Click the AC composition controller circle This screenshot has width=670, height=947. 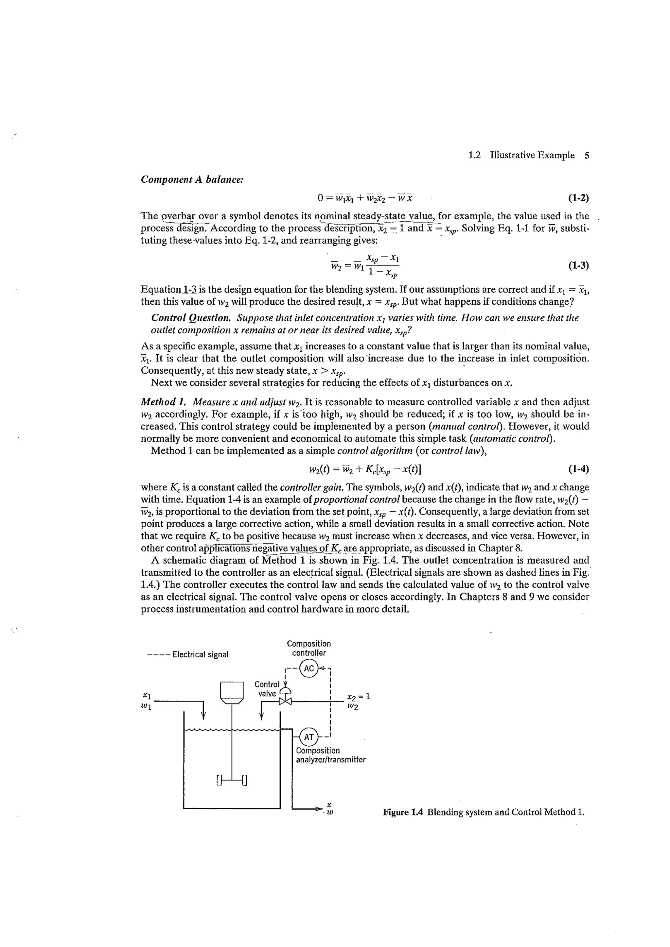pos(309,668)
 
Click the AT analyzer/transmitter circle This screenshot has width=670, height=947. pos(309,737)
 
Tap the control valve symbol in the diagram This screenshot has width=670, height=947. pos(285,701)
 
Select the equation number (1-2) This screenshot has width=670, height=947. pos(578,198)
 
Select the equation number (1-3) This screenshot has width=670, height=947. pos(578,265)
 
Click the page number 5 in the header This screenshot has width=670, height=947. pos(587,156)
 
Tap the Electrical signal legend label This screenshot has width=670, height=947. pos(200,654)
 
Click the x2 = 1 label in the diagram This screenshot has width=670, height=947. pos(358,697)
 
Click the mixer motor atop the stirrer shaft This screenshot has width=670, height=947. pos(232,692)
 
